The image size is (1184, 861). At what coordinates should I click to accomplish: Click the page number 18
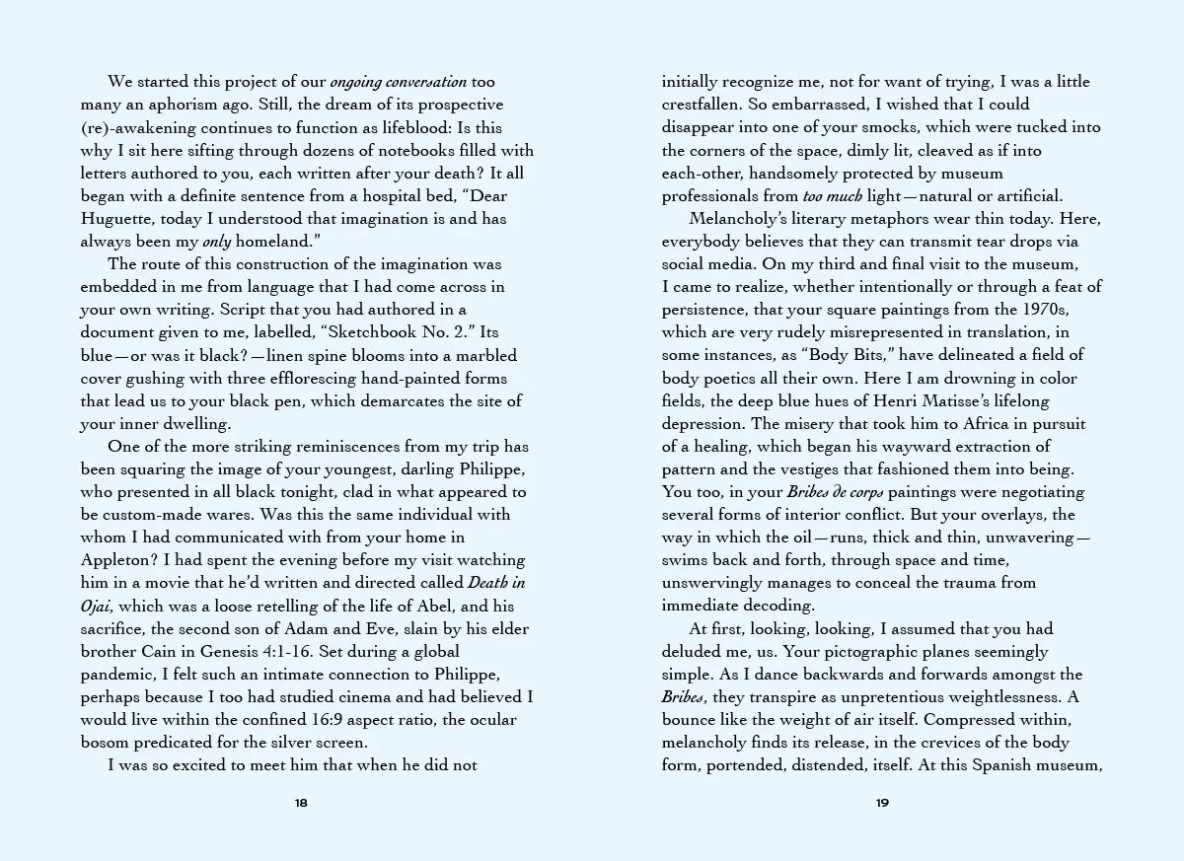click(x=301, y=803)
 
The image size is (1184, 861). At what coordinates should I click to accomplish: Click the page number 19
click(x=883, y=803)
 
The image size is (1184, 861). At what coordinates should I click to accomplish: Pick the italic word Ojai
click(x=99, y=605)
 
